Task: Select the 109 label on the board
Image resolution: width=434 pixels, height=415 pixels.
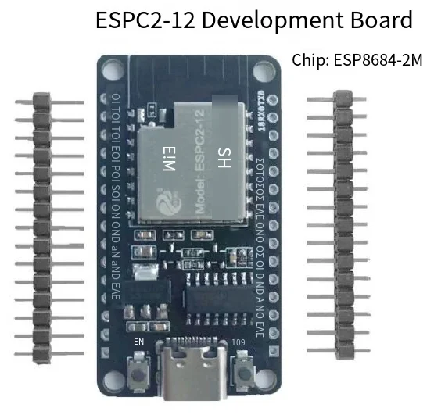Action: (x=240, y=342)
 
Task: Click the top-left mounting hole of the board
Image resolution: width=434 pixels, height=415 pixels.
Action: (x=107, y=71)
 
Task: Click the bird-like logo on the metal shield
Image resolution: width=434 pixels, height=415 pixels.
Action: (x=168, y=205)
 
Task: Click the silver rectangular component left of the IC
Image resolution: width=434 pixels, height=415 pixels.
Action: (x=142, y=276)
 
